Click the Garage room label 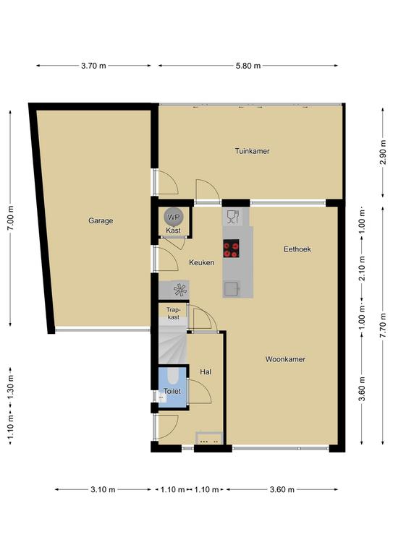[101, 221]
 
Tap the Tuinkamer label [252, 151]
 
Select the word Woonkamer [285, 359]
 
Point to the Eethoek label [297, 249]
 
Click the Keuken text [202, 262]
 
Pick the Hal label [206, 371]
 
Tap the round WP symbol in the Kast [174, 217]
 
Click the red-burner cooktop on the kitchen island [231, 249]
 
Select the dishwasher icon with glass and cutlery [233, 217]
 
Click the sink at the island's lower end [232, 289]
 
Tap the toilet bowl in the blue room [173, 377]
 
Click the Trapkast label [173, 314]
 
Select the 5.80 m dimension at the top [248, 66]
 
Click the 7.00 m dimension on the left [10, 218]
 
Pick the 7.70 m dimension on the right [383, 326]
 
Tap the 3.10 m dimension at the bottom [103, 489]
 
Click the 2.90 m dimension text [383, 153]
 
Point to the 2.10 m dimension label [362, 268]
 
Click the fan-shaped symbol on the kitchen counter [180, 291]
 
